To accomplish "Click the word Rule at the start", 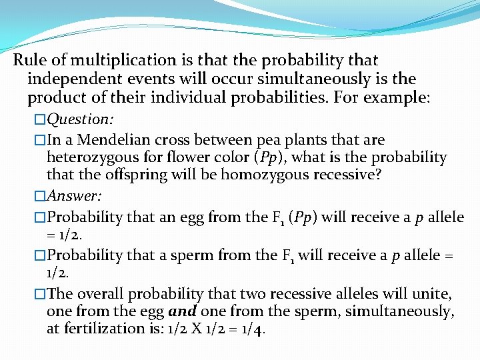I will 30,61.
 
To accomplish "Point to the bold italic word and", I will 182,311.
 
